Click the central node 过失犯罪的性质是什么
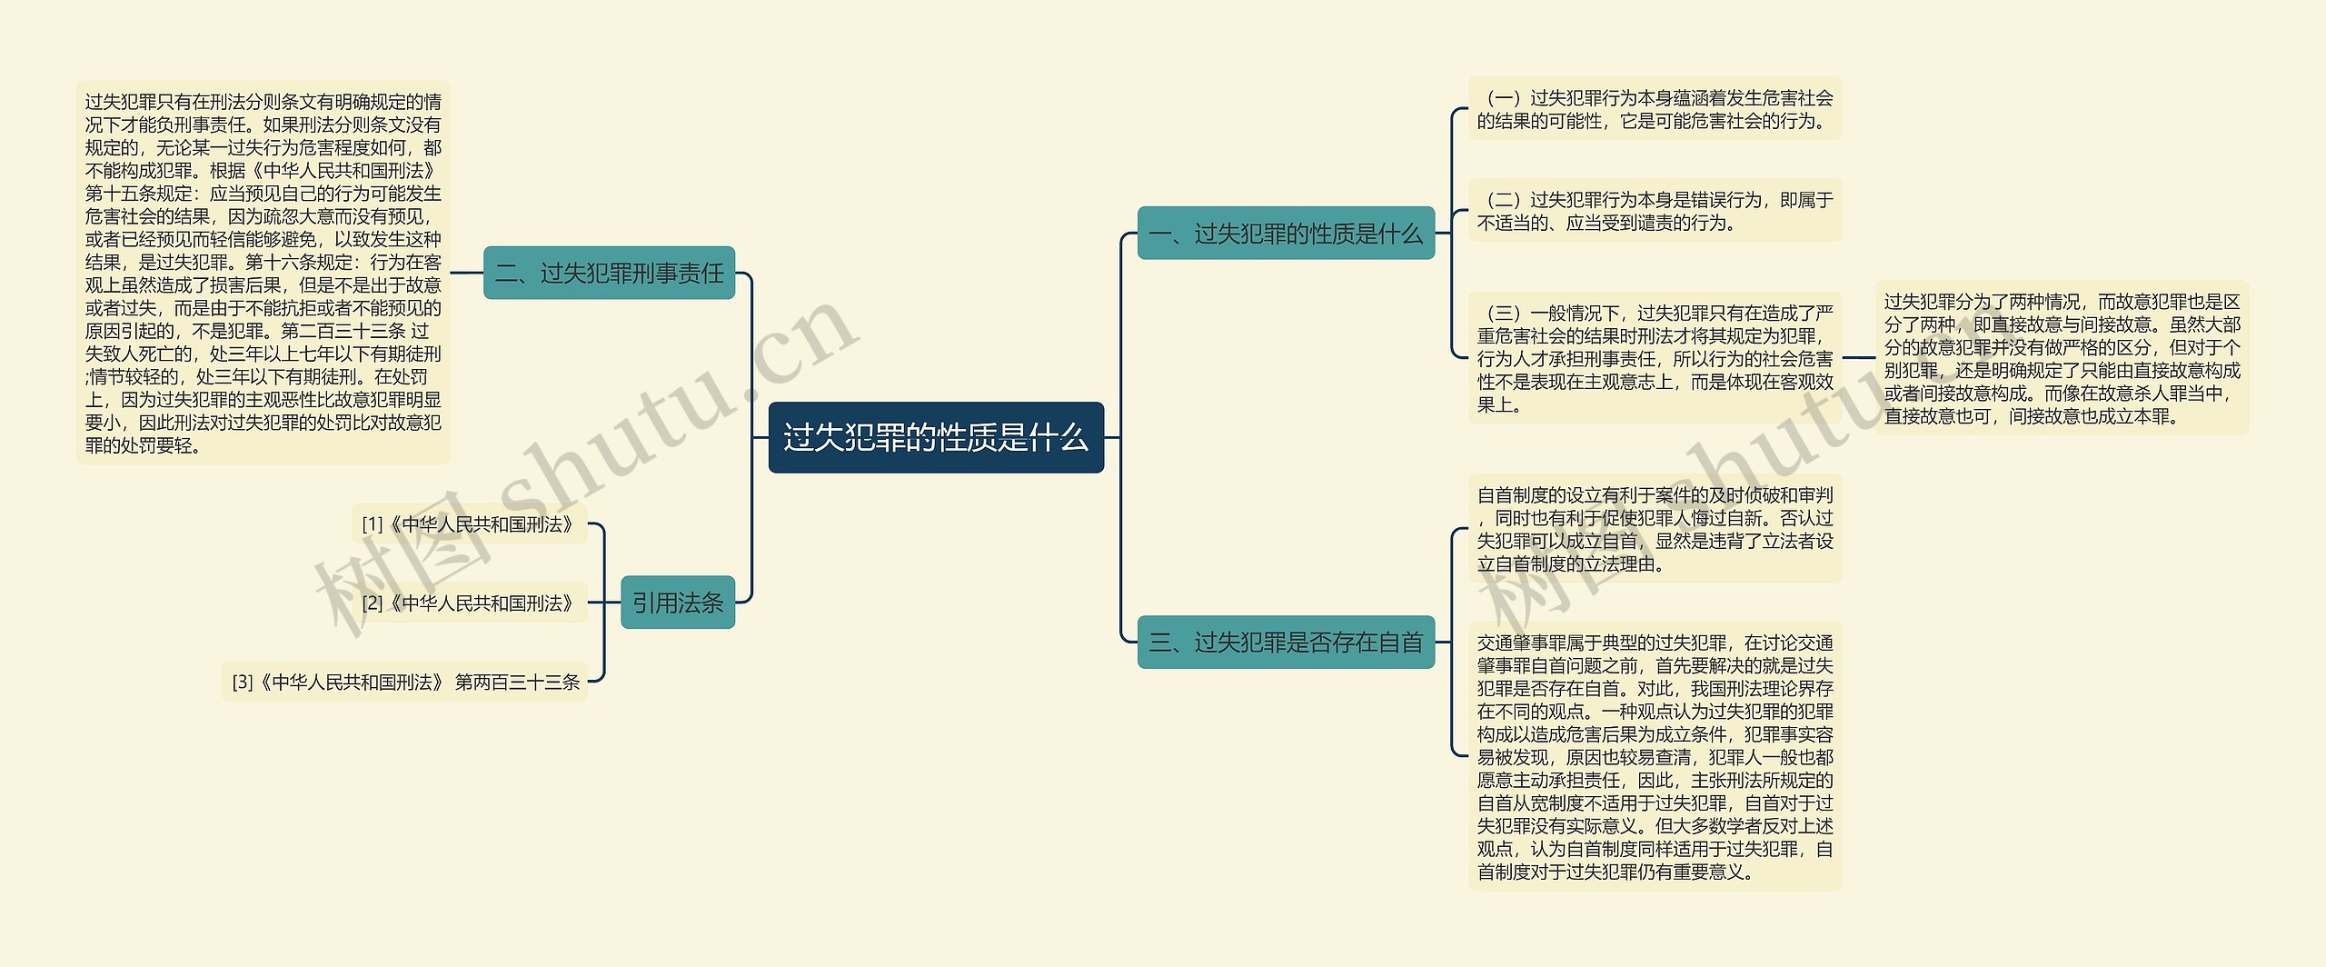pos(936,437)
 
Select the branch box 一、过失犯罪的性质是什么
pos(1286,234)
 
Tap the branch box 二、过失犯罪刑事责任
pos(609,273)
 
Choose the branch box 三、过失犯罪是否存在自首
pos(1286,643)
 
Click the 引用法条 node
pos(678,603)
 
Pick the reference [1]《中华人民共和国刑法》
pos(469,524)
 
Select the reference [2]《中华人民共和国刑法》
pos(469,603)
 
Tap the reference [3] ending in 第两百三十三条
pos(405,682)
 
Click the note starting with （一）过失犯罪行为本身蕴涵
pos(1655,109)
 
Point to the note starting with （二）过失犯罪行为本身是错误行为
pos(1655,211)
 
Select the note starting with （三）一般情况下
pos(1655,358)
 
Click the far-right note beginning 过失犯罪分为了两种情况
pos(2062,358)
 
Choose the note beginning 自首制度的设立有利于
pos(1655,529)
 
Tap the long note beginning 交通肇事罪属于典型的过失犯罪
pos(1655,756)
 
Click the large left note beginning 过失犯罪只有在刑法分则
pos(263,273)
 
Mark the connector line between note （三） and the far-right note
pos(1859,358)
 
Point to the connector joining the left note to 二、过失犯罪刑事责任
pos(466,273)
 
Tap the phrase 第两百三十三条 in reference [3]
pos(517,682)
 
